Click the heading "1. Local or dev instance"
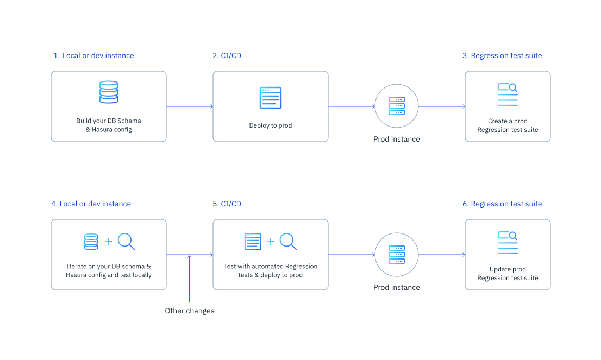pyautogui.click(x=93, y=55)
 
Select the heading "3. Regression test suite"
pyautogui.click(x=502, y=55)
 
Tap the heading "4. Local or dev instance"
pyautogui.click(x=91, y=204)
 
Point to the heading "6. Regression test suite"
pyautogui.click(x=502, y=204)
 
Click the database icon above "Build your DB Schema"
pyautogui.click(x=109, y=92)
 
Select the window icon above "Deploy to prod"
pyautogui.click(x=270, y=98)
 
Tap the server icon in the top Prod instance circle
pyautogui.click(x=397, y=106)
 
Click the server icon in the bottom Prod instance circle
pyautogui.click(x=397, y=254)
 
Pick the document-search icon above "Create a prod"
pyautogui.click(x=507, y=94)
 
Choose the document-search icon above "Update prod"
pyautogui.click(x=507, y=242)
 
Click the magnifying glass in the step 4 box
pyautogui.click(x=126, y=241)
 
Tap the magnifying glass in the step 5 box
pyautogui.click(x=288, y=241)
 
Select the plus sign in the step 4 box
pyautogui.click(x=109, y=242)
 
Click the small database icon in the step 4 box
pyautogui.click(x=91, y=242)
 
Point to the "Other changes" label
pyautogui.click(x=190, y=311)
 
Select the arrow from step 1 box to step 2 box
pyautogui.click(x=189, y=106)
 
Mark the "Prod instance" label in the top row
pyautogui.click(x=397, y=139)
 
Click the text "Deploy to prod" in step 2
pyautogui.click(x=271, y=125)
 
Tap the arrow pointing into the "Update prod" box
pyautogui.click(x=441, y=255)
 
